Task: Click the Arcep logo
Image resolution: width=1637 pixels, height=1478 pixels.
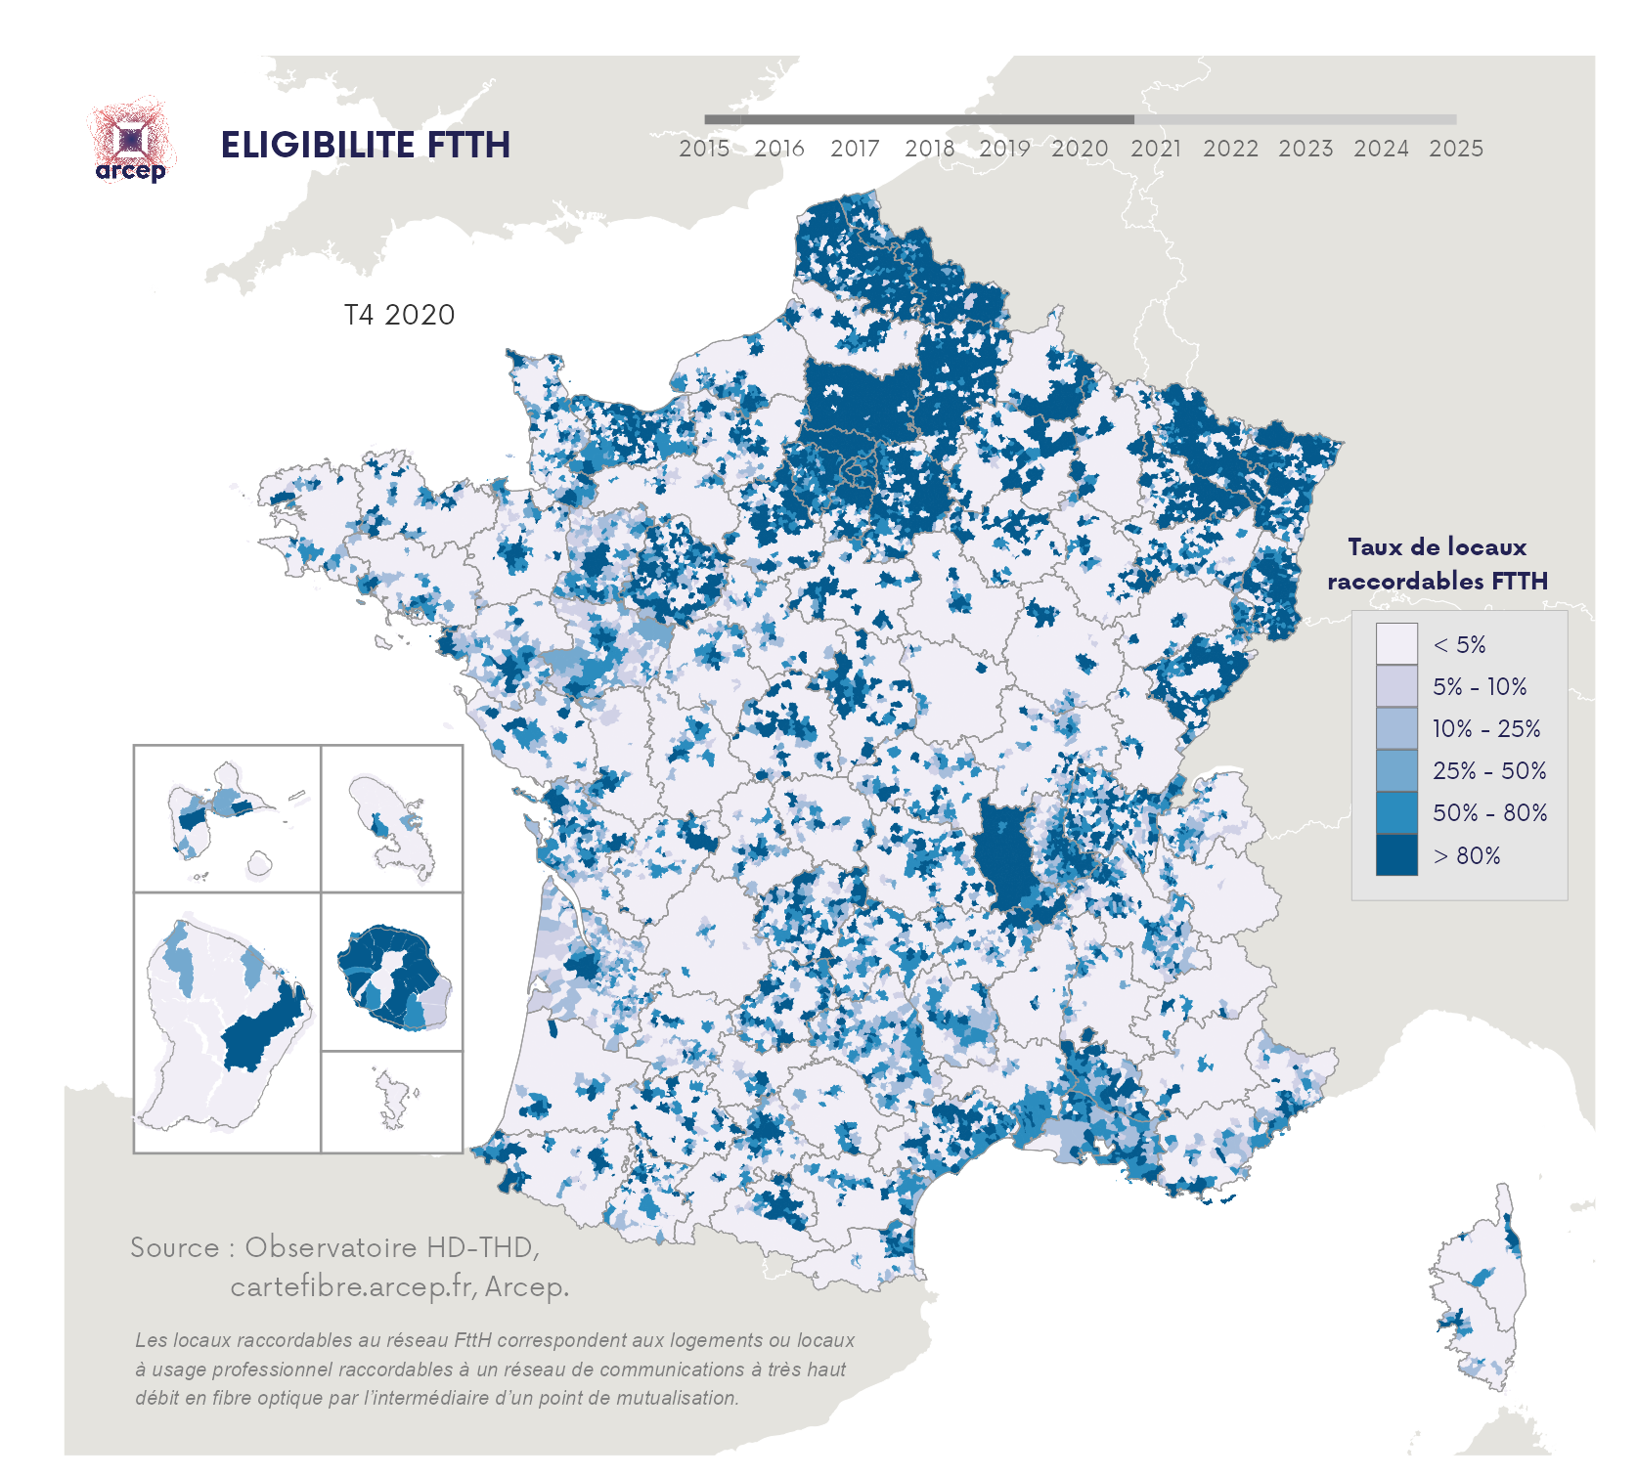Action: pos(131,142)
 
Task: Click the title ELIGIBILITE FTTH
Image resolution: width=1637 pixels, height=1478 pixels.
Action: pos(365,145)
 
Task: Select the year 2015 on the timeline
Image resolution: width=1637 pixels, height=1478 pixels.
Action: pos(704,149)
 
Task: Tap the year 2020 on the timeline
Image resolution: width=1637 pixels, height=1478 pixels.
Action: pos(1080,149)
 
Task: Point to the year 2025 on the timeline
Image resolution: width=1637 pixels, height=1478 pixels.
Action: pos(1456,149)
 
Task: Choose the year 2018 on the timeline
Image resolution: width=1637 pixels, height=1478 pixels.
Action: pos(929,149)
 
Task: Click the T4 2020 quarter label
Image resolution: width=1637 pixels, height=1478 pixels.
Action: pos(399,315)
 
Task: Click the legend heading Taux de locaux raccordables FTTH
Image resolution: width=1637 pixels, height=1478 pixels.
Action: pos(1437,564)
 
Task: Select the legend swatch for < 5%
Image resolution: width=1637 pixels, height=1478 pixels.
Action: pos(1395,644)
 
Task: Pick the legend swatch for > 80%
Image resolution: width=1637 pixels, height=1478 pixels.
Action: pos(1395,855)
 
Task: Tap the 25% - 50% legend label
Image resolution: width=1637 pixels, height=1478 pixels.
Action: pos(1489,771)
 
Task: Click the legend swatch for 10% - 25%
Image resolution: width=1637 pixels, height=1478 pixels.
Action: pos(1395,728)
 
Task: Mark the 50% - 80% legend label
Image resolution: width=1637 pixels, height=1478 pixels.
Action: pos(1489,813)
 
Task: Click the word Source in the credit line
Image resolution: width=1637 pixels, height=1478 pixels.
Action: pos(174,1248)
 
